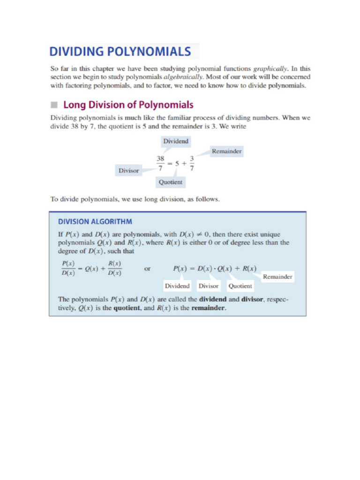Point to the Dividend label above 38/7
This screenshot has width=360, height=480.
point(175,141)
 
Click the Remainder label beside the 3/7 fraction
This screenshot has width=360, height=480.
point(227,151)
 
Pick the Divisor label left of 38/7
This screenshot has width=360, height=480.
point(128,171)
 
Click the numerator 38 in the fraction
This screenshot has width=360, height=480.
point(160,159)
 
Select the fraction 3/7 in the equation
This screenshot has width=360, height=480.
point(192,164)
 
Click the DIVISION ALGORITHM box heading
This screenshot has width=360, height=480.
point(95,222)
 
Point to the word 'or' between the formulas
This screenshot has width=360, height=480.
point(148,269)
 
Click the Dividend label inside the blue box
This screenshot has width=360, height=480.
point(178,286)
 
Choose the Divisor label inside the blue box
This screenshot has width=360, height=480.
point(209,286)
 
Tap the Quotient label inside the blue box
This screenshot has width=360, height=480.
point(240,286)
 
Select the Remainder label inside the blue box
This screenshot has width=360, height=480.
point(277,277)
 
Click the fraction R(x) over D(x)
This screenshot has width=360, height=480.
point(114,269)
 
